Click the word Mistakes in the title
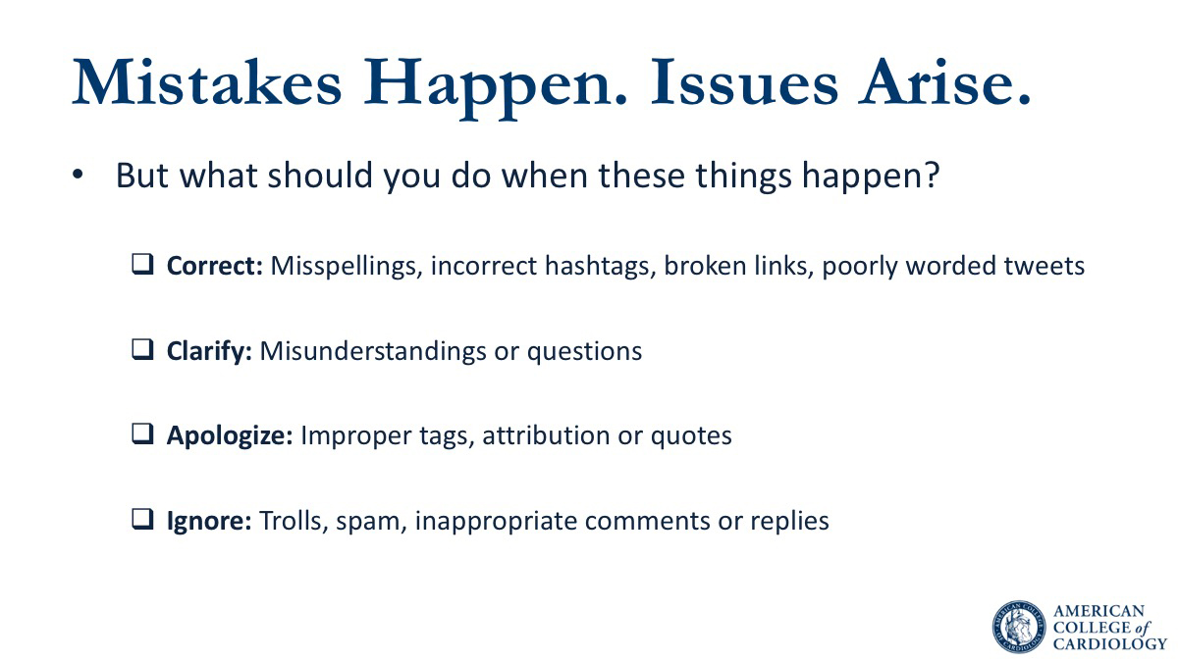pos(207,82)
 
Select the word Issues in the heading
pos(744,82)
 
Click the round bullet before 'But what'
pos(78,175)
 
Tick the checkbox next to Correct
pos(142,264)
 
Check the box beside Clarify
pos(142,349)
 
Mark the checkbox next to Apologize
pos(142,434)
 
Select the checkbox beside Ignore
pos(142,520)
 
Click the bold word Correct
pos(215,266)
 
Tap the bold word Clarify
pos(209,351)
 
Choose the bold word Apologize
pos(230,436)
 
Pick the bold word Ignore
pos(209,521)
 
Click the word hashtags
pos(601,266)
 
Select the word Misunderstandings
pos(373,351)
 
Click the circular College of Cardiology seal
pos(1019,628)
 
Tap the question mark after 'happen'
pos(932,175)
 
